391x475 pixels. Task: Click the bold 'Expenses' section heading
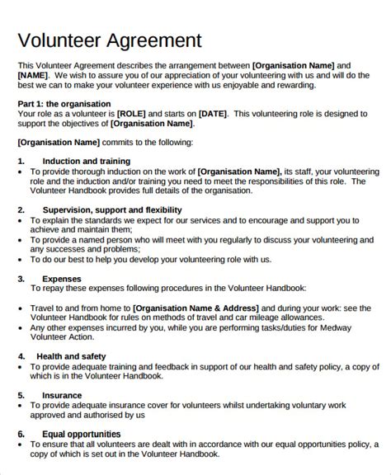click(61, 279)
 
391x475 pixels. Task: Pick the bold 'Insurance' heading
click(62, 395)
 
